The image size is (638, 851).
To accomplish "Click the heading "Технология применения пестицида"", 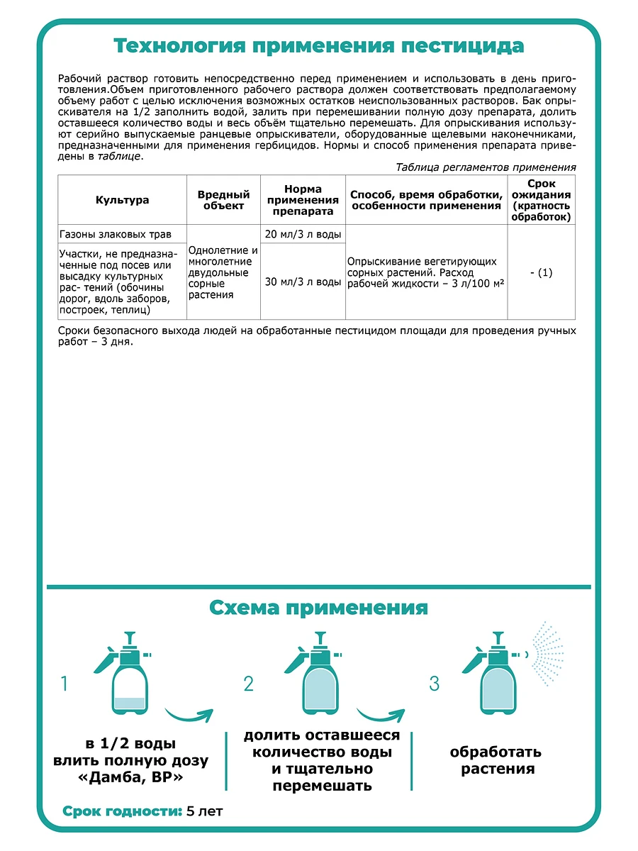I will coord(319,46).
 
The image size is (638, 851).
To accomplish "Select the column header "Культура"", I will coord(122,200).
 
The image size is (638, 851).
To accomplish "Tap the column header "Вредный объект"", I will coord(223,200).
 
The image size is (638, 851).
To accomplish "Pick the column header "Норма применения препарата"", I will coord(303,200).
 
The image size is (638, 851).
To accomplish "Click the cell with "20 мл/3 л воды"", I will coord(303,235).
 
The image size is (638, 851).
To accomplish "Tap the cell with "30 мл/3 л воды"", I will coord(303,282).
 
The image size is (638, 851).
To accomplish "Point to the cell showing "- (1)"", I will coord(542,272).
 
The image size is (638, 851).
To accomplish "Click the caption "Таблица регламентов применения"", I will coord(486,167).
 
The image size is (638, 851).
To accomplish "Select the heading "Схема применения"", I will coord(319,608).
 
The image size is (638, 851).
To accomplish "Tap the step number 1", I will coord(65,684).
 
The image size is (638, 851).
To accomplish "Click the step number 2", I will coord(249,684).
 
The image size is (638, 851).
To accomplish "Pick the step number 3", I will coord(435,684).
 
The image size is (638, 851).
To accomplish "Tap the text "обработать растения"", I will coord(496,760).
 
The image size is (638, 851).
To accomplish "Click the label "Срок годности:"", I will coord(122,811).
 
